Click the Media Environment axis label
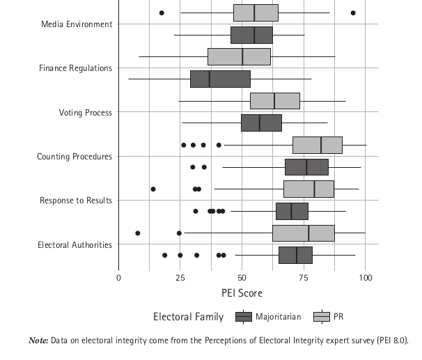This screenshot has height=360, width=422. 77,24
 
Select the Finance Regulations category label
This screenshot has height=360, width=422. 75,68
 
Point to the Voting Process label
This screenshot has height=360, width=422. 86,112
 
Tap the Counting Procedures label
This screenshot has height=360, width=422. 75,157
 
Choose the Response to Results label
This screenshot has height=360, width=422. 76,201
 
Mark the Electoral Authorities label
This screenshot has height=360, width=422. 75,244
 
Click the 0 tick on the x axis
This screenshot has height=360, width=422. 119,278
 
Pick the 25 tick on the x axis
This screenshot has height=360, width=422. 180,278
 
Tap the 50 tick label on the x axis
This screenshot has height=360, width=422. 242,278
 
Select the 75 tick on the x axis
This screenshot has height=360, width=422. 304,278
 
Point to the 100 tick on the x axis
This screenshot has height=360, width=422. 366,278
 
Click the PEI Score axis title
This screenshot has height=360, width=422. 242,293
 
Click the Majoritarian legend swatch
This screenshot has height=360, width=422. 244,317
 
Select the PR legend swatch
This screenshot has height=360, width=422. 322,317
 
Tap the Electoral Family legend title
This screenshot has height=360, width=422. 189,317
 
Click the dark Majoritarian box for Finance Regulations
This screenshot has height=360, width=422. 220,79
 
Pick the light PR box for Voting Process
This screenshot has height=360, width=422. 275,101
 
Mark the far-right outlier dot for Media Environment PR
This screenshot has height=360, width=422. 353,13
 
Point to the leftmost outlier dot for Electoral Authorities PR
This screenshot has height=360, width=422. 138,233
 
